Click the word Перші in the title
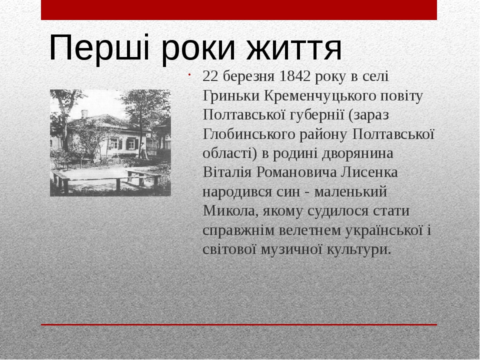pos(99,48)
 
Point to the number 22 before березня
pos(210,76)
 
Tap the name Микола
pos(228,211)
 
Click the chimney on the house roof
pos(84,114)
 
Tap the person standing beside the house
pos(142,150)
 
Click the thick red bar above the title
pos(239,10)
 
